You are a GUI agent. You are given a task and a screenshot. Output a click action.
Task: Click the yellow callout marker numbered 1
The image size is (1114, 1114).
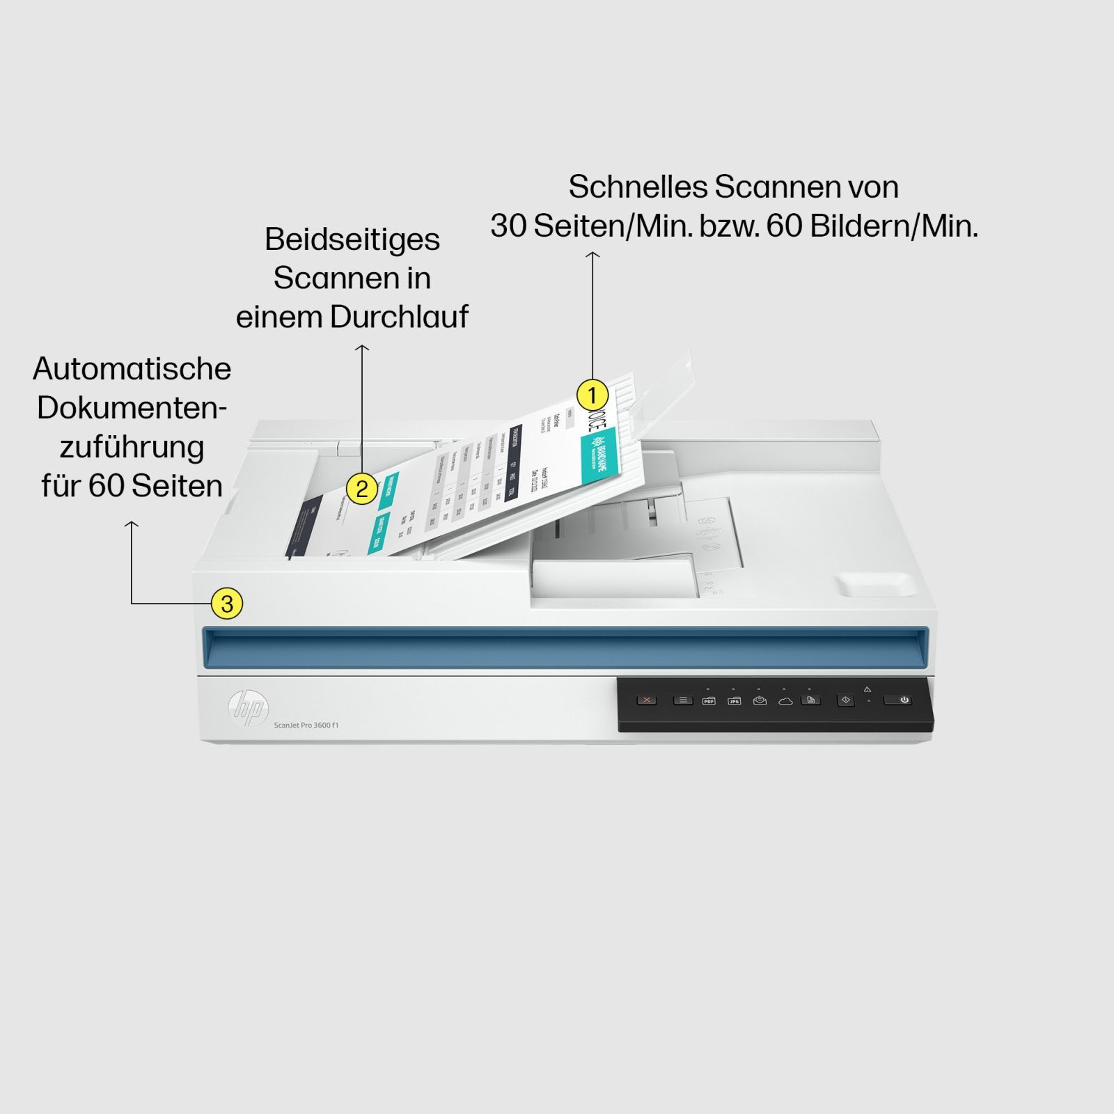(x=592, y=395)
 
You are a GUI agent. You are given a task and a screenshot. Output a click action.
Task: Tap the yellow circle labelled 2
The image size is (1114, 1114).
(x=361, y=489)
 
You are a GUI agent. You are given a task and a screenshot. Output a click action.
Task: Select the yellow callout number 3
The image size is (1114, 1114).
(x=227, y=603)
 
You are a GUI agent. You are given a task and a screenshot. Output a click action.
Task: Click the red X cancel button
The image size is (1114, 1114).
(x=647, y=700)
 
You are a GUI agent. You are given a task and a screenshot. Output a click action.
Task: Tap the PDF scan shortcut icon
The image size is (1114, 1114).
(x=709, y=700)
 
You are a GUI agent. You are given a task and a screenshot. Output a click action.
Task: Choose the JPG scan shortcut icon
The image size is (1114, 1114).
(x=734, y=700)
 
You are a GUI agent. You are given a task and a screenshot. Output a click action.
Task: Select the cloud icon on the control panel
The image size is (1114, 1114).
(x=785, y=700)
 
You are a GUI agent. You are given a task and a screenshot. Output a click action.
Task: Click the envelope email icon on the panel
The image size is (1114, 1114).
(x=760, y=700)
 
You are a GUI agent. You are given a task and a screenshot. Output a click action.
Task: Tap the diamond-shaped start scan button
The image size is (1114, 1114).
(x=846, y=700)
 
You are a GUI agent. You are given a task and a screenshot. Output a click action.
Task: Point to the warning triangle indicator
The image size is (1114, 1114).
(x=868, y=689)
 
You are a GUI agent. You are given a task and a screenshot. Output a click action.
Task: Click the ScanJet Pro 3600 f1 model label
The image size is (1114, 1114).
(x=306, y=725)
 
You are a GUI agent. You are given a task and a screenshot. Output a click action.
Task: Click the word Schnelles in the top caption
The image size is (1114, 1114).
(x=636, y=187)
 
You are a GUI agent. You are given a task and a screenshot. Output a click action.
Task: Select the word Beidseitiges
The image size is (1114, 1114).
(x=352, y=240)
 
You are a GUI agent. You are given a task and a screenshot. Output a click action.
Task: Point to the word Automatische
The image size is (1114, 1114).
(x=132, y=369)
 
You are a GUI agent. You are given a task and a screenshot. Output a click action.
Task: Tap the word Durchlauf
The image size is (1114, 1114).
(x=399, y=317)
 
